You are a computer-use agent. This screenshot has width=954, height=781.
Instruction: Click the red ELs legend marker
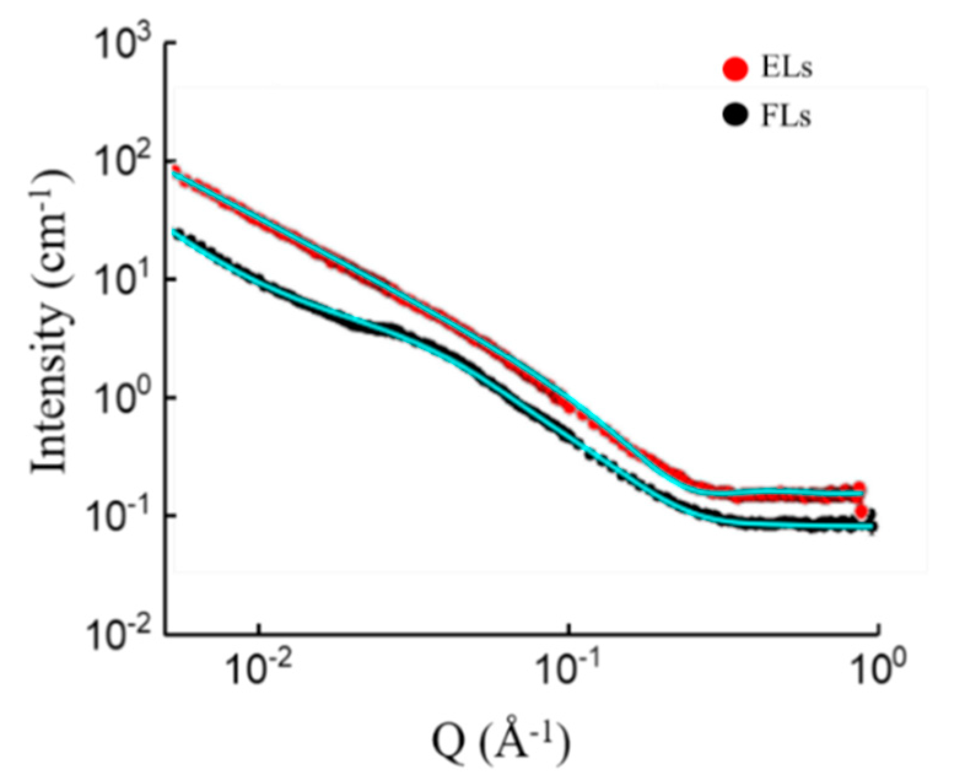[x=736, y=69]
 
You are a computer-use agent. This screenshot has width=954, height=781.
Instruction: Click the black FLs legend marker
[x=736, y=116]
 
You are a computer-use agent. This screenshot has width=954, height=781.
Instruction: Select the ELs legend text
[x=787, y=69]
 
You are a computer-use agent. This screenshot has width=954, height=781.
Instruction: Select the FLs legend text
[x=786, y=116]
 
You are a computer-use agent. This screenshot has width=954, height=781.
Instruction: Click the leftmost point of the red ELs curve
[x=176, y=170]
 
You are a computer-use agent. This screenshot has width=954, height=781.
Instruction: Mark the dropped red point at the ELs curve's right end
[x=861, y=512]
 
